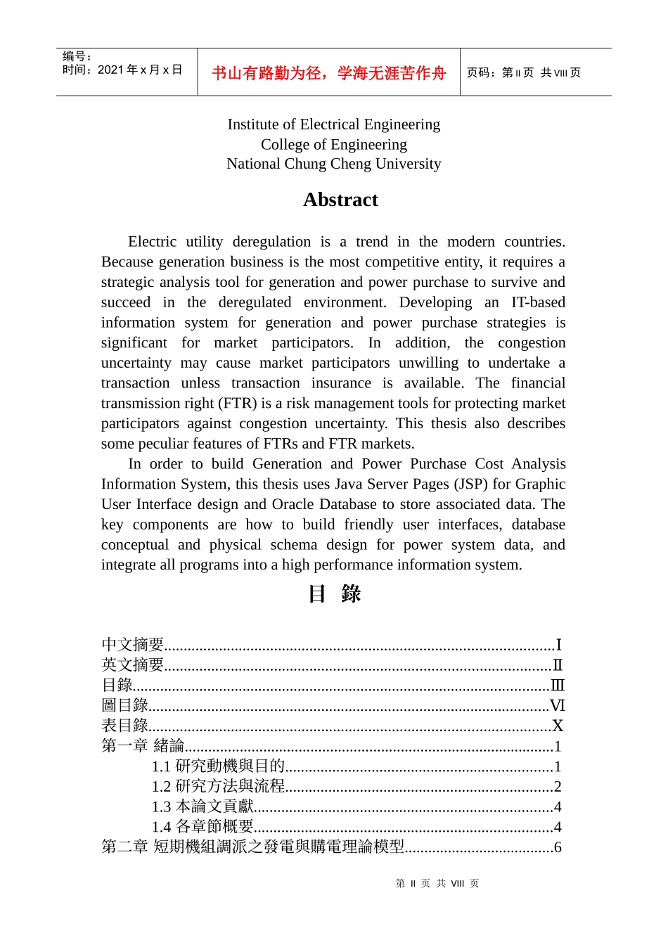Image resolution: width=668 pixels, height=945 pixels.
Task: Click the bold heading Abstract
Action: (x=340, y=200)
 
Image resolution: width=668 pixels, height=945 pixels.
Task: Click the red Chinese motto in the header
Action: (x=328, y=73)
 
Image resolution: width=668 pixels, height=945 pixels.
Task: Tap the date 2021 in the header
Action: (x=110, y=70)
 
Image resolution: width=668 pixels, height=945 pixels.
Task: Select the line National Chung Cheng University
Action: (x=333, y=164)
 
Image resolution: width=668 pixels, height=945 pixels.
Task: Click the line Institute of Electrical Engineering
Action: (x=333, y=124)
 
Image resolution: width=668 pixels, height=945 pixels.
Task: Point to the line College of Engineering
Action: (x=333, y=144)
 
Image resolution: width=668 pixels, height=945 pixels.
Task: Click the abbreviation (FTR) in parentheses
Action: (x=238, y=404)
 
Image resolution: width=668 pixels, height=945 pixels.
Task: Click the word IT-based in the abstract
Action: (x=538, y=302)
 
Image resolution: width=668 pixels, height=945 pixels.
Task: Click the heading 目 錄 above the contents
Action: (x=334, y=594)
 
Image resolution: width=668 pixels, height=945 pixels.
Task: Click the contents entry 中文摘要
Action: (x=133, y=645)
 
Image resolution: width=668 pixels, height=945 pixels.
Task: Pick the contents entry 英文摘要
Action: (x=133, y=665)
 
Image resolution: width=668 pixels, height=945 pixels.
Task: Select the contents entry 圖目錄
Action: (x=125, y=705)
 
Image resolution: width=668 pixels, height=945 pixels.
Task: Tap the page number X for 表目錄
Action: (x=558, y=726)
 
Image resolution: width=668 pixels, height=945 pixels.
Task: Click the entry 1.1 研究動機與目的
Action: (x=218, y=766)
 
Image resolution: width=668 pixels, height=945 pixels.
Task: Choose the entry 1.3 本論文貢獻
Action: (x=203, y=807)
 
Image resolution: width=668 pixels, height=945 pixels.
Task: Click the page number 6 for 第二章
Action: (x=558, y=847)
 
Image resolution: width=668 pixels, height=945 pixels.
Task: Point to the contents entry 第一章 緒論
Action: (x=143, y=746)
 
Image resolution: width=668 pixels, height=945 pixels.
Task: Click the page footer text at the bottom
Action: (x=437, y=884)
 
